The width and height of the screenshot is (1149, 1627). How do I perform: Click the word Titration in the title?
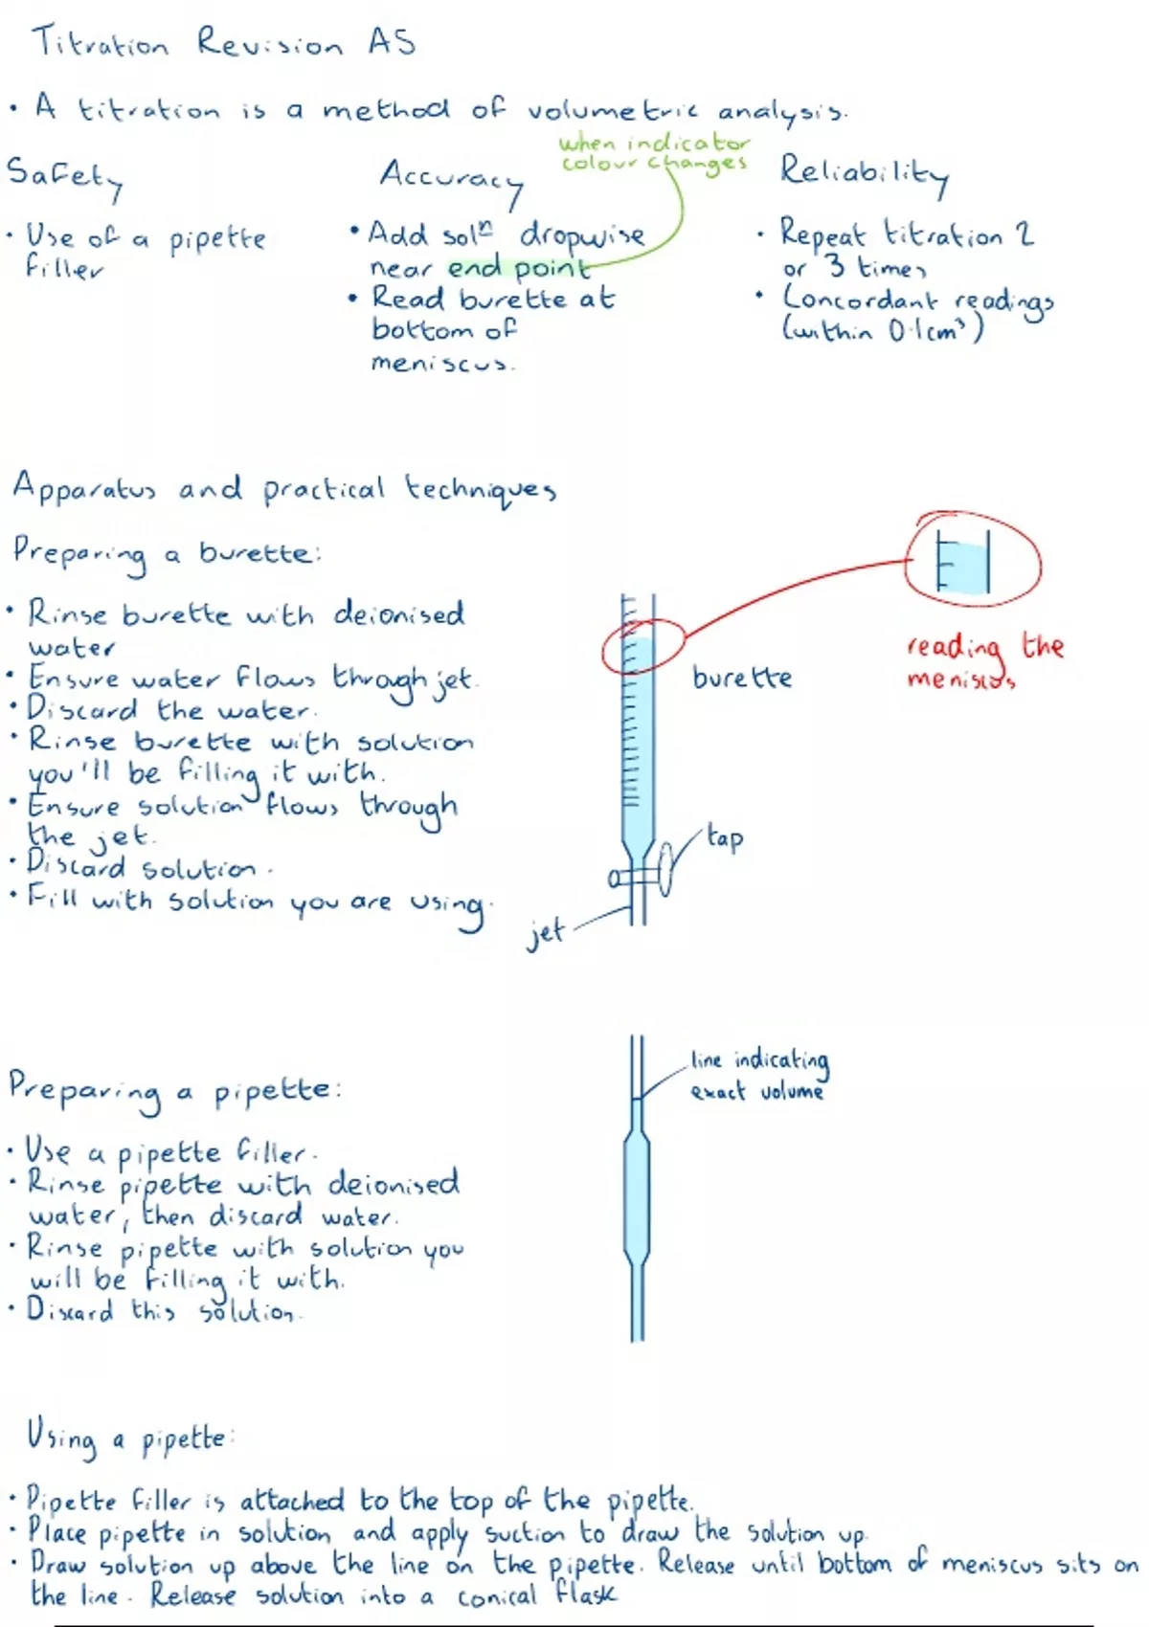pos(101,43)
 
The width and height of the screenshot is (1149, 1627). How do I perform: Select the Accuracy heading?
pos(451,179)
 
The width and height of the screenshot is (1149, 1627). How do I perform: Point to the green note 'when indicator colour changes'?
pos(654,153)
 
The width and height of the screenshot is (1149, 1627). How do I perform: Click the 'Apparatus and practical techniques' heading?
pos(284,489)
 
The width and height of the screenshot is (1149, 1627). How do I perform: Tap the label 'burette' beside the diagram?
pos(742,678)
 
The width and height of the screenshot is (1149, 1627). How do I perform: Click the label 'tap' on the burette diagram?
pos(725,837)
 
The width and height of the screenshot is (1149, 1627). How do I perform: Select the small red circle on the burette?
pos(643,647)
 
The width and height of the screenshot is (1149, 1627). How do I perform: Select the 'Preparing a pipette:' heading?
pos(174,1092)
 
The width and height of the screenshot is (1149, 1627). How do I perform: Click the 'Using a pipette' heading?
pos(128,1438)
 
